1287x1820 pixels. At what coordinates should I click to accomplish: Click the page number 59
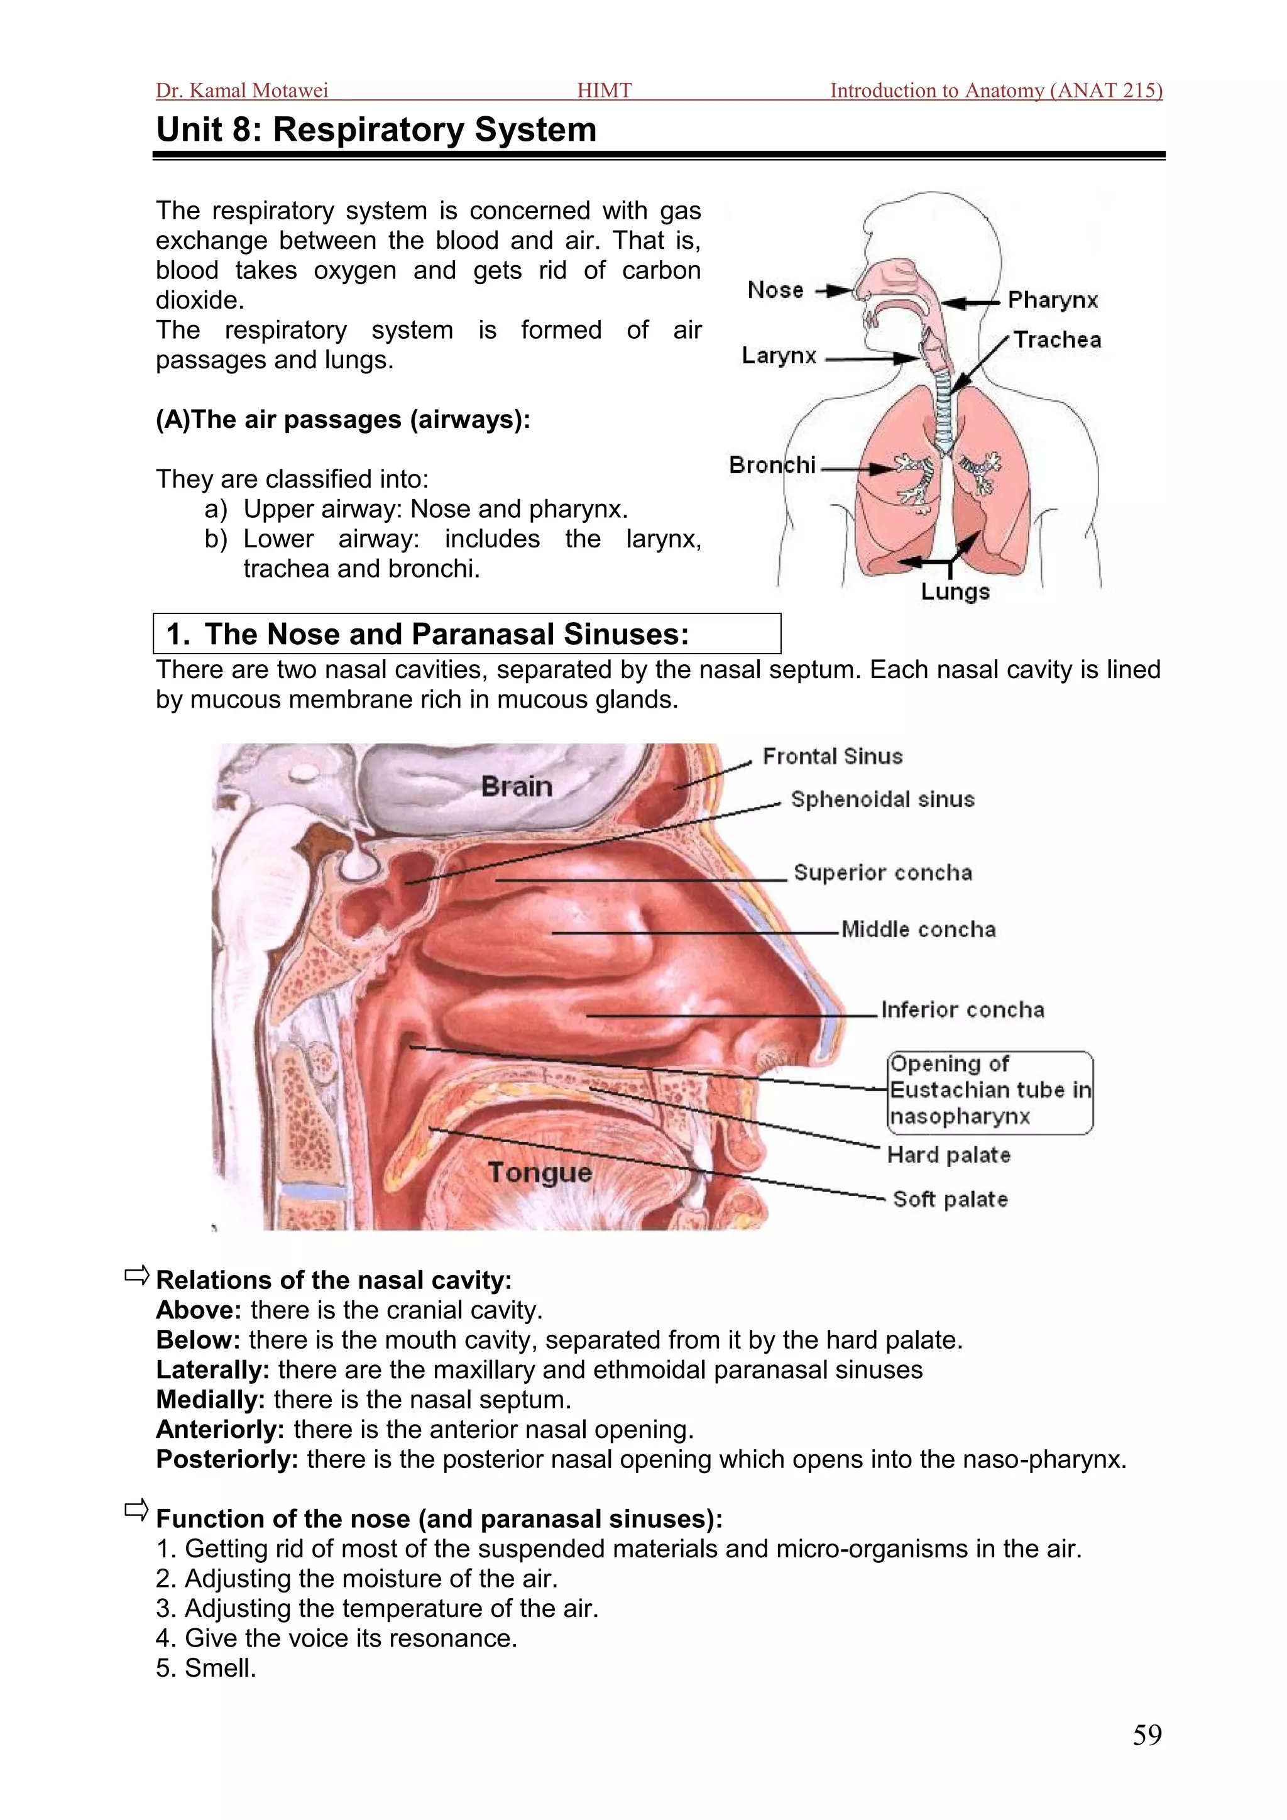coord(1147,1735)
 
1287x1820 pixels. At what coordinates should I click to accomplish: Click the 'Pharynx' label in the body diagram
coord(1053,300)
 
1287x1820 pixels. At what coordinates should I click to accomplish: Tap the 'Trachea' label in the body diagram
coord(1057,340)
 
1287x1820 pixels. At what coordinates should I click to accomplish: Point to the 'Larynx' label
coord(779,356)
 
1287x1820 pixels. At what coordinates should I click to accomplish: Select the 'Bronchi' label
coord(772,464)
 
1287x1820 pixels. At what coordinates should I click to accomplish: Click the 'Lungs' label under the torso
coord(955,591)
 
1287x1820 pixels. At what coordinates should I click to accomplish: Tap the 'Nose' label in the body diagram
coord(775,290)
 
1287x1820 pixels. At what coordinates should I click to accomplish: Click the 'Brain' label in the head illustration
coord(517,786)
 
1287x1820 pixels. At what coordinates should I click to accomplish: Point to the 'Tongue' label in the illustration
coord(540,1172)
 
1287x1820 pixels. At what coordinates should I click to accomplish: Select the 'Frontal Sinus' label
coord(832,756)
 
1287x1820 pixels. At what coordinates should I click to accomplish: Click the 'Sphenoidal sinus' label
coord(882,799)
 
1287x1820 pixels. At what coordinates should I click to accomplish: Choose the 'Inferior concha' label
coord(962,1010)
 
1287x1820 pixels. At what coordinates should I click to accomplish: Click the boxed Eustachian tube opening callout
coord(990,1091)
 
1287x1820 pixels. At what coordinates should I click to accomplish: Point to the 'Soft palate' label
coord(950,1199)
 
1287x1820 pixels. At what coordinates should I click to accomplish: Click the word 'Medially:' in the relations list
coord(210,1400)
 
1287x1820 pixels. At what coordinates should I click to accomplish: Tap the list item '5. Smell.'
coord(206,1668)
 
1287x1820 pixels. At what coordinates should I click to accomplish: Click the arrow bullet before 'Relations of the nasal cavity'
coord(136,1275)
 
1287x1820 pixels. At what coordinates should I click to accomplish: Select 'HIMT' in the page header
coord(604,90)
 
